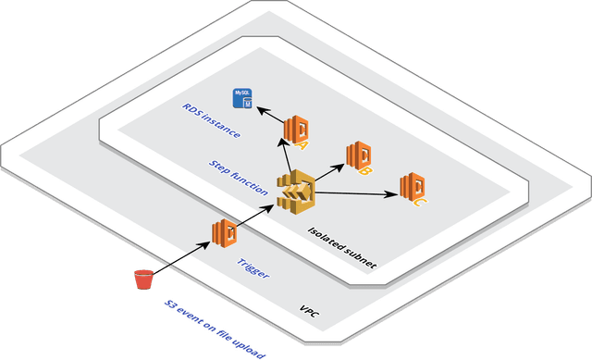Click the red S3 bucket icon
[x=142, y=279]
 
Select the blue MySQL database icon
[x=243, y=98]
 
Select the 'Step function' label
[x=239, y=175]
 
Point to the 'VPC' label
[x=309, y=312]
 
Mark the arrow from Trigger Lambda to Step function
[x=254, y=215]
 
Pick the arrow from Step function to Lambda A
[x=285, y=155]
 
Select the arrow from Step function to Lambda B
[x=330, y=172]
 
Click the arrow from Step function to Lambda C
[x=356, y=193]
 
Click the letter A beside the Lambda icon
[x=303, y=143]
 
